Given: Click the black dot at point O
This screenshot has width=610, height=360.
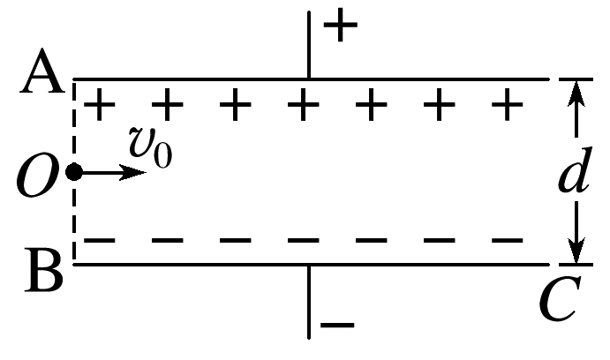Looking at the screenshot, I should [x=74, y=172].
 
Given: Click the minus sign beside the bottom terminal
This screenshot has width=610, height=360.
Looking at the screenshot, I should [x=336, y=326].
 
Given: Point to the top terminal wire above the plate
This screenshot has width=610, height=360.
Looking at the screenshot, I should [x=308, y=44].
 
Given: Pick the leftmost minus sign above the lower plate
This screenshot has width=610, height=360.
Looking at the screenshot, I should [x=102, y=240].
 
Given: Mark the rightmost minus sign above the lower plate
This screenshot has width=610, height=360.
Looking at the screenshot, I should [x=506, y=240].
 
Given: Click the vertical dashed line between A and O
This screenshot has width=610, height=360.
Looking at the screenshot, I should [x=74, y=124].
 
